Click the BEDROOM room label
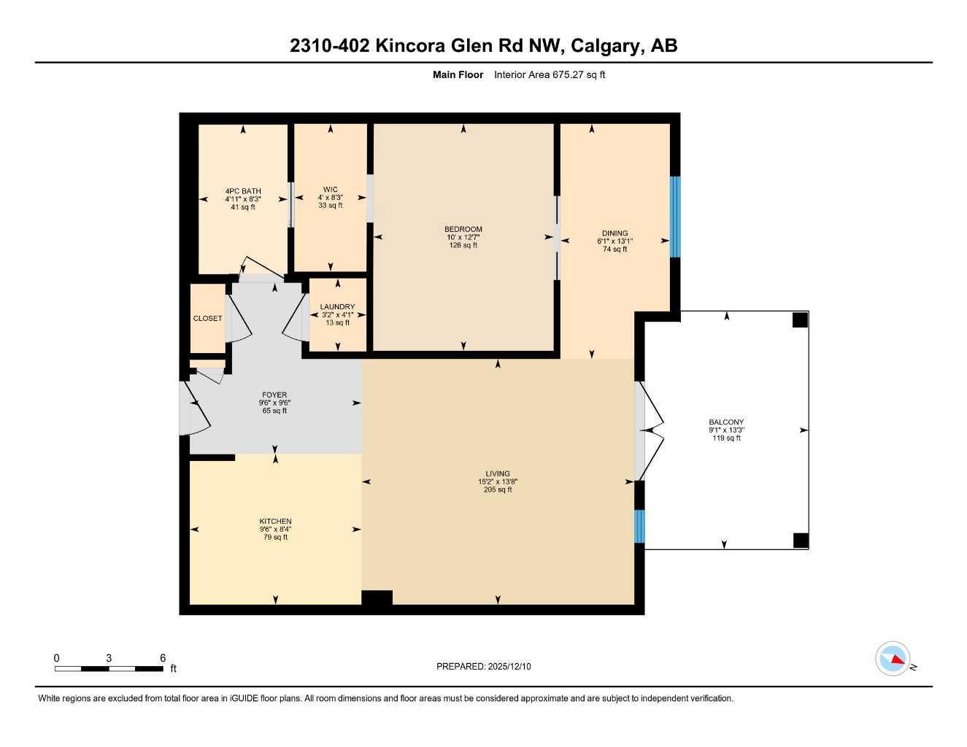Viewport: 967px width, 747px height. (x=463, y=229)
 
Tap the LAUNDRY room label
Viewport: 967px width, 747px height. (x=337, y=307)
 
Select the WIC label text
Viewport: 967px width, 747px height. (x=331, y=190)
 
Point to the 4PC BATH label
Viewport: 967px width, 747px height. (x=242, y=191)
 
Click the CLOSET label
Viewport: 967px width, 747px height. (x=207, y=319)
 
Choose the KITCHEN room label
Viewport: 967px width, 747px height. (x=275, y=522)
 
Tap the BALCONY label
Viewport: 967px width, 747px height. (x=726, y=422)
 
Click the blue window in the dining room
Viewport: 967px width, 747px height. (x=675, y=217)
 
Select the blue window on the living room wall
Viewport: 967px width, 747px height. (x=639, y=526)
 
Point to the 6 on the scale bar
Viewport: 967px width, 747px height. (x=163, y=658)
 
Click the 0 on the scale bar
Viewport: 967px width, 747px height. (x=56, y=658)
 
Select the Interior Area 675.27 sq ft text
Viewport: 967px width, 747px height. (x=550, y=74)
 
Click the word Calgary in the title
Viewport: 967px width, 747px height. (x=604, y=46)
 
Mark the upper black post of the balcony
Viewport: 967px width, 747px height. (x=800, y=320)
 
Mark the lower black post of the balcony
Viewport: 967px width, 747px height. (x=801, y=541)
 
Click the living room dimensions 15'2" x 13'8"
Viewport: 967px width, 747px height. (x=498, y=481)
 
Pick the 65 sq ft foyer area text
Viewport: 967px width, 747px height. (x=274, y=411)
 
